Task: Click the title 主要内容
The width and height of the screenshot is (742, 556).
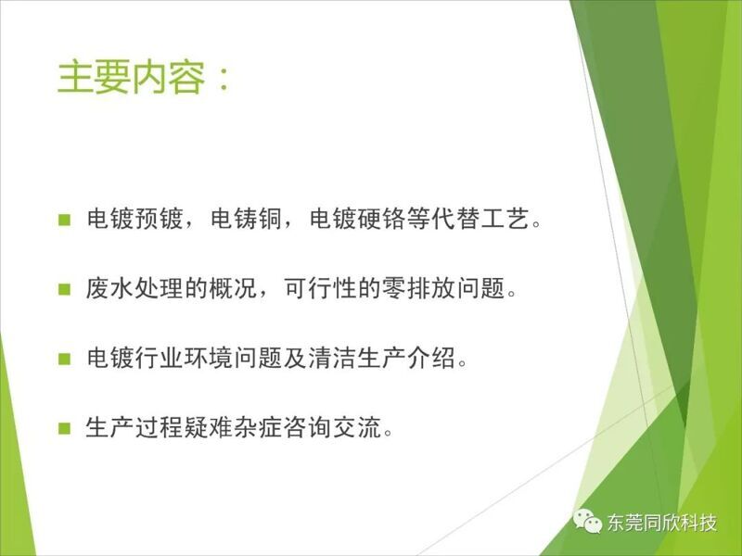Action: [131, 77]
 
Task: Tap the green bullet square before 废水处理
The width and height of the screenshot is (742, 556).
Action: [64, 289]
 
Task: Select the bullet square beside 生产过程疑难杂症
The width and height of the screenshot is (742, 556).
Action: [64, 428]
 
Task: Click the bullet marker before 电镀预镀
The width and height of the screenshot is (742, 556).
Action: [64, 220]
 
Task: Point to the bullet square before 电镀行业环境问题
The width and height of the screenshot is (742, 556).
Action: [64, 359]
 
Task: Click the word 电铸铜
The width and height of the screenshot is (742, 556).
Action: [247, 219]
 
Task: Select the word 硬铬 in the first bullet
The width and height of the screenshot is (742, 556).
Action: [381, 219]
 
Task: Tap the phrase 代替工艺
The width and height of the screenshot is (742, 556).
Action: [480, 219]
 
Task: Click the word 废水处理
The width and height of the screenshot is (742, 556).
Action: [134, 288]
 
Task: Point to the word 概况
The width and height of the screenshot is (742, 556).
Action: [233, 288]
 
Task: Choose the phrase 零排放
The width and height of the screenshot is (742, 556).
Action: [418, 288]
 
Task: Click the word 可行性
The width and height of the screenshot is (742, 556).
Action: [320, 288]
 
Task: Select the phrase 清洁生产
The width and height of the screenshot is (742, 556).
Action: [357, 358]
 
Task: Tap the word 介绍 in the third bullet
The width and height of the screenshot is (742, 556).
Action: [431, 358]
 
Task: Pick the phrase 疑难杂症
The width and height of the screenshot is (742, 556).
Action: [233, 427]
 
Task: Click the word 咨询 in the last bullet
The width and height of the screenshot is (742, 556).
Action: [307, 427]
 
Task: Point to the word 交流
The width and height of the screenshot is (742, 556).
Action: [357, 427]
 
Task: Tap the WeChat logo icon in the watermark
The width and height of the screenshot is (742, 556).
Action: [587, 522]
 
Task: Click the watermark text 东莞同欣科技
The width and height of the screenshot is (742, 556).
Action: [661, 523]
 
